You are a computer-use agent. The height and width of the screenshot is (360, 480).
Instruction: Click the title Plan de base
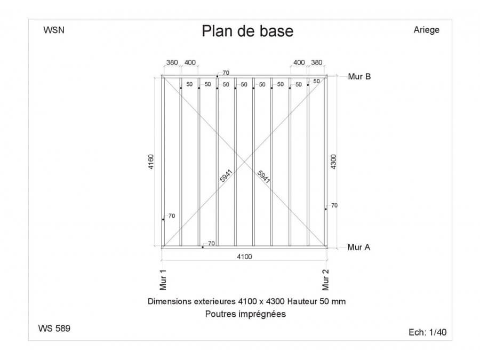(x=247, y=31)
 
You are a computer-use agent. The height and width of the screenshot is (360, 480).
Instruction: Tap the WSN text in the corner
(x=54, y=30)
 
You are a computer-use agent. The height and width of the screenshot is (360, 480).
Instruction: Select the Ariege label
(x=427, y=30)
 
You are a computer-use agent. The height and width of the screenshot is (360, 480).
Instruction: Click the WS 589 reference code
(x=54, y=328)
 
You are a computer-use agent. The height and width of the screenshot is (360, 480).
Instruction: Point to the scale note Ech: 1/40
(x=427, y=332)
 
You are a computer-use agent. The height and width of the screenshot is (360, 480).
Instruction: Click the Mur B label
(x=359, y=76)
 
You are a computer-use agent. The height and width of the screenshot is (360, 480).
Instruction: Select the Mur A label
(x=359, y=247)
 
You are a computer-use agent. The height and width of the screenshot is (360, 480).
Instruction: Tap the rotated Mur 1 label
(x=163, y=280)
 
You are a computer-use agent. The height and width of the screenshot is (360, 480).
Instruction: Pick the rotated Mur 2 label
(x=325, y=280)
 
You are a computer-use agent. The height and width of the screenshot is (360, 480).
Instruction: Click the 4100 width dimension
(x=244, y=257)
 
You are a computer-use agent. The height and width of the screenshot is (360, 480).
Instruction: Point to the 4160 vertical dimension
(x=151, y=162)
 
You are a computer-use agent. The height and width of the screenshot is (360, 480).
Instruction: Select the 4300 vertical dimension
(x=333, y=162)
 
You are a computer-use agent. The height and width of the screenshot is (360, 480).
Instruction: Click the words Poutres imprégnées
(x=245, y=314)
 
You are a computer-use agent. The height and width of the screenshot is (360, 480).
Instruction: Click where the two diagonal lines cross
(x=244, y=161)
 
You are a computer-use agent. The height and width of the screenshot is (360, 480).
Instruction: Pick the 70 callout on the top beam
(x=226, y=73)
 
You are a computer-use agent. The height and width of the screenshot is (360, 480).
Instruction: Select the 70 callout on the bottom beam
(x=211, y=243)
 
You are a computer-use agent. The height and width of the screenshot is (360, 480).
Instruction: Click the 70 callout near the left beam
(x=172, y=216)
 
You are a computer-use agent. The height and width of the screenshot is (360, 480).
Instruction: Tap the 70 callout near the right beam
(x=334, y=205)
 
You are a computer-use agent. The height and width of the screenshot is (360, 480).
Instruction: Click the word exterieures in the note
(x=214, y=301)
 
